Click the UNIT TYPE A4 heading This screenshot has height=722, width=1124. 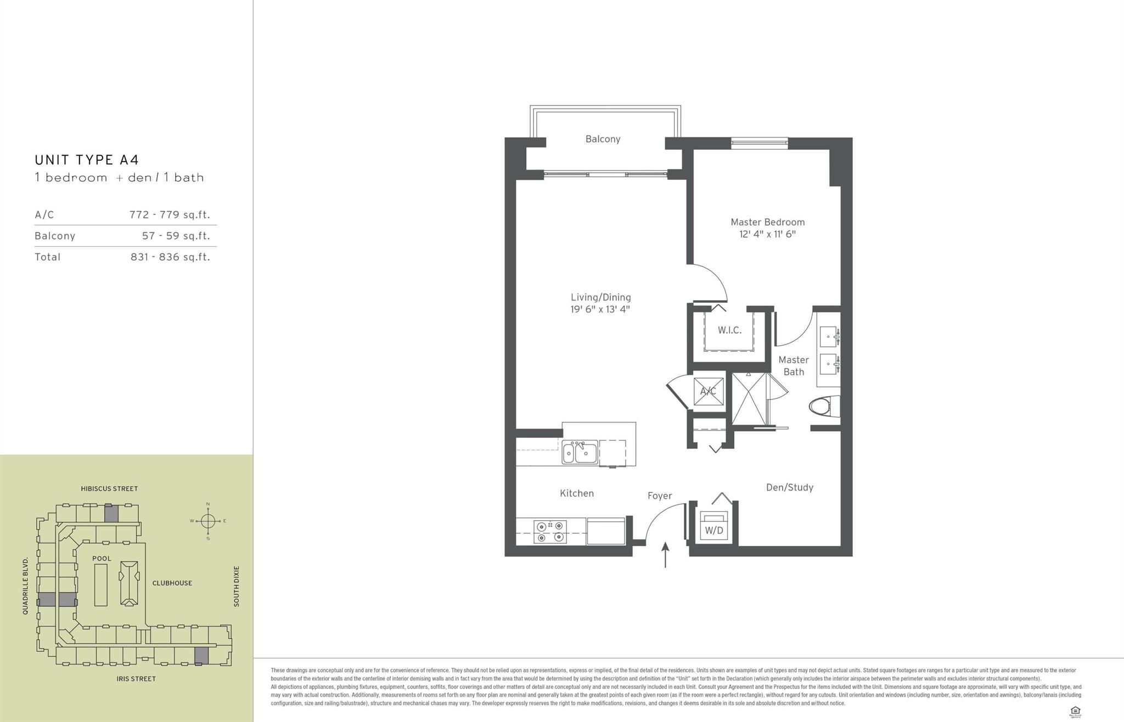(87, 160)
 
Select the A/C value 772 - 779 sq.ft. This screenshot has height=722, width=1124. (170, 215)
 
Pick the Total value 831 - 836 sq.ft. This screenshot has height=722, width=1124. (170, 257)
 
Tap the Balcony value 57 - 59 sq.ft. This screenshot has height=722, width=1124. (176, 236)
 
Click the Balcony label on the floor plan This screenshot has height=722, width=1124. (603, 139)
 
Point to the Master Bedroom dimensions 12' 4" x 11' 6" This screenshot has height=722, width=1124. (767, 234)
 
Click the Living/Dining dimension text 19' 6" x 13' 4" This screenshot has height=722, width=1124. (600, 309)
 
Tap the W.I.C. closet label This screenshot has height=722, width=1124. (729, 330)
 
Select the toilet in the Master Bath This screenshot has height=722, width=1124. (824, 407)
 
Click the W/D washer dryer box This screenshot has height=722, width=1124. (714, 528)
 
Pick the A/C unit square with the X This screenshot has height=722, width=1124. (708, 391)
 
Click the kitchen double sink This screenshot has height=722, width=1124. (580, 453)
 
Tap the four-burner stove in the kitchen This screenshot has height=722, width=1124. (550, 532)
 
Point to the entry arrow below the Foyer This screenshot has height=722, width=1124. (665, 555)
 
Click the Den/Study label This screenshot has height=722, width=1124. (789, 487)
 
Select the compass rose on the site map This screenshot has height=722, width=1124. (207, 521)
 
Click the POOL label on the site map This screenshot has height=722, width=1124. (102, 559)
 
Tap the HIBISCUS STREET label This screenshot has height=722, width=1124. (109, 488)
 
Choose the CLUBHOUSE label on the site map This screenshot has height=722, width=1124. (172, 583)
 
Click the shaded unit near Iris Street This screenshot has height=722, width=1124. (201, 656)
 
